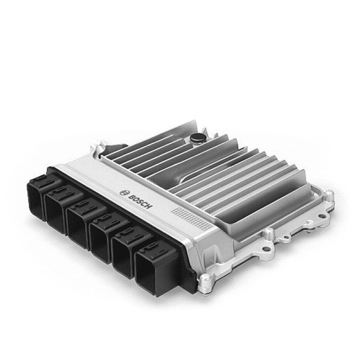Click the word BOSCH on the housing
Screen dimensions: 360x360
pos(140,202)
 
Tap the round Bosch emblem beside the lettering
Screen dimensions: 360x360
pos(123,193)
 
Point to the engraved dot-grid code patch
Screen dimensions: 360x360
pos(193,218)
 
